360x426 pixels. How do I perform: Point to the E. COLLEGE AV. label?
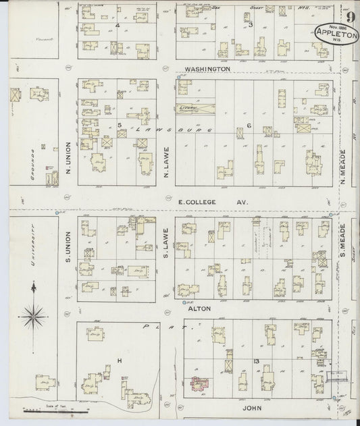(213, 202)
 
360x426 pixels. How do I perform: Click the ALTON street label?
(203, 308)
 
